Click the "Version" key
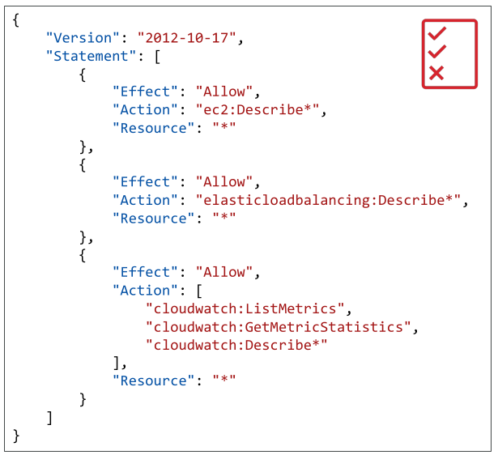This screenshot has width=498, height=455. pos(83,38)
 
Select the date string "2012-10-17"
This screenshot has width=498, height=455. pos(187,38)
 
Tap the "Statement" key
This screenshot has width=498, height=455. pos(91,56)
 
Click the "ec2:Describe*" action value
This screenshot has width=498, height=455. pos(258,110)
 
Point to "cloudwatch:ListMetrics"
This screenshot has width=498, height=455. pos(245,308)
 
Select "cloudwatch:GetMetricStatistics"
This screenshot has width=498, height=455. pos(279,327)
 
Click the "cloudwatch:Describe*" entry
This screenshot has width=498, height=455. pos(236,345)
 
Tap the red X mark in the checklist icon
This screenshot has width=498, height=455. pos(436,73)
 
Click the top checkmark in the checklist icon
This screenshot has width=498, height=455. pos(437,33)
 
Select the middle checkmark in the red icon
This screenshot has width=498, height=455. pos(437,51)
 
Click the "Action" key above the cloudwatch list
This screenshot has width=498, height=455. pos(145,291)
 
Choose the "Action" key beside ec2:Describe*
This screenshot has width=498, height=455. pos(145,110)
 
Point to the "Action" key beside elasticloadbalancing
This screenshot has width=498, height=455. pos(145,200)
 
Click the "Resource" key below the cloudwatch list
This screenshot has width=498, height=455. pos(153,381)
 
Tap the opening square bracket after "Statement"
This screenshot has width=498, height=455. pos(157,57)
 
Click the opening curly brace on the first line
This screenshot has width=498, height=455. pos(16,20)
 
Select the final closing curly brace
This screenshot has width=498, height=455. pos(16,436)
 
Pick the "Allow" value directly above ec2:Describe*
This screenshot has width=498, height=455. pos(224,91)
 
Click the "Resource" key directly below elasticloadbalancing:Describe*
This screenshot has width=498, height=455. pos(153,219)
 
